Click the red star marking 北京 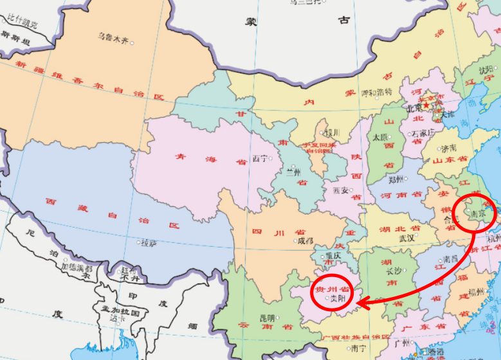(425, 105)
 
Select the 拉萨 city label (149, 242)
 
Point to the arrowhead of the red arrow (358, 301)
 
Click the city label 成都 (305, 240)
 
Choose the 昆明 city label (267, 318)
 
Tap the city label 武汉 (406, 237)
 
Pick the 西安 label (340, 191)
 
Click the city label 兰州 (293, 172)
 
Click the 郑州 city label (396, 179)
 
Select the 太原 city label (380, 137)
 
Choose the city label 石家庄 (423, 133)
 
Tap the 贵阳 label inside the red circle (339, 298)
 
